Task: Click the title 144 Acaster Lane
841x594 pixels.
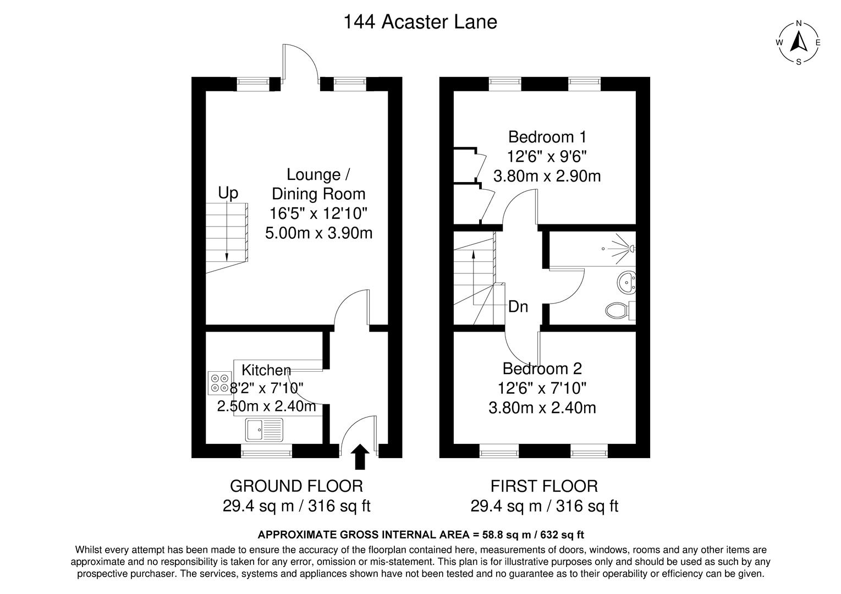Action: coord(420,22)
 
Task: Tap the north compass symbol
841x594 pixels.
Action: coord(799,42)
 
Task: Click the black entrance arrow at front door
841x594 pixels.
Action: coord(360,457)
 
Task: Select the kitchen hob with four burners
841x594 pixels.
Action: coord(220,383)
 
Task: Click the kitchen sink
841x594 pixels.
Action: coord(264,429)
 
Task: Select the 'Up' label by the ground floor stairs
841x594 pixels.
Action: coord(228,193)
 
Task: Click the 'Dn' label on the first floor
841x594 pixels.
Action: coord(518,306)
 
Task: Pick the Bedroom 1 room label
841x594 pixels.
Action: coord(547,136)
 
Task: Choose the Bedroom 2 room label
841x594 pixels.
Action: coord(542,368)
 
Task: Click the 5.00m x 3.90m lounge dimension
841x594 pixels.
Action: coord(318,233)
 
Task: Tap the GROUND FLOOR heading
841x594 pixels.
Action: coord(296,486)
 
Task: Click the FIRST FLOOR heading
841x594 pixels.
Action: coord(544,486)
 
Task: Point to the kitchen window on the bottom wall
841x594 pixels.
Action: coord(266,453)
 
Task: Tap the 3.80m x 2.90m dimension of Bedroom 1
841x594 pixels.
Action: coord(547,176)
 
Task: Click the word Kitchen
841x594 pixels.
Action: coord(266,370)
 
